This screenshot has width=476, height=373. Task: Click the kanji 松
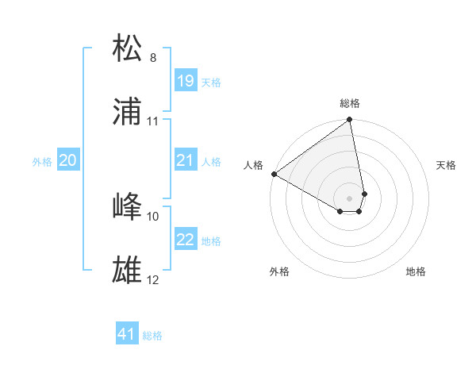[128, 48]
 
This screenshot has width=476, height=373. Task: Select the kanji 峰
[128, 206]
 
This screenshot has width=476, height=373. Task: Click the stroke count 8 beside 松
[153, 58]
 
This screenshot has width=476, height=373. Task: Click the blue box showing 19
[185, 80]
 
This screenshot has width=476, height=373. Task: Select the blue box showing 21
[185, 160]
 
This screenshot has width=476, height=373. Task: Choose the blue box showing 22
[185, 239]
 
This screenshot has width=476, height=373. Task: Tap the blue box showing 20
[67, 160]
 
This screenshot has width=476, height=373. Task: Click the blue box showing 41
[127, 334]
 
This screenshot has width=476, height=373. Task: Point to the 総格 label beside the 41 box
[152, 336]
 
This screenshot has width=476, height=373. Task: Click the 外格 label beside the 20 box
[42, 161]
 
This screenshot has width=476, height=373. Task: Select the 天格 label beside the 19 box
[210, 82]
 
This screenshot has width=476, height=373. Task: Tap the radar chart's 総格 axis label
[350, 103]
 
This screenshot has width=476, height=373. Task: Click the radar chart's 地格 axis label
[416, 271]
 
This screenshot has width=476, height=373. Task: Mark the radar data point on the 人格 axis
[274, 174]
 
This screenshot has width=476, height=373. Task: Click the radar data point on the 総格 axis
[350, 121]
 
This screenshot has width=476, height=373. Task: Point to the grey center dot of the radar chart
[350, 198]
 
